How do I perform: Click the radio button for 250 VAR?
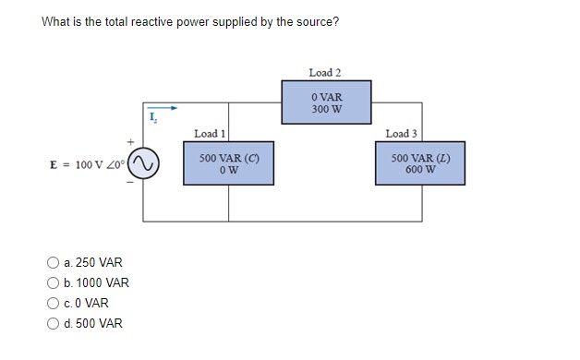coord(54,263)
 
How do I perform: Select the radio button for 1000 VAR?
coord(54,283)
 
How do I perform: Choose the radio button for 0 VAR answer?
coord(54,304)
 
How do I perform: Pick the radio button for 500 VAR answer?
coord(54,324)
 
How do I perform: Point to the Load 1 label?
coord(211,134)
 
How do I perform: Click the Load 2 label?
coord(325,72)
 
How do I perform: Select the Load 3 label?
coord(402,134)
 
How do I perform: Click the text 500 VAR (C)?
coord(229,158)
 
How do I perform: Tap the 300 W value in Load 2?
coord(327,108)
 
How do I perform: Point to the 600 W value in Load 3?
coord(420,169)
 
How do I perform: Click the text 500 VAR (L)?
coord(420,158)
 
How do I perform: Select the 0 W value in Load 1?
coord(229,169)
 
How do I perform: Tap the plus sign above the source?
coord(131,142)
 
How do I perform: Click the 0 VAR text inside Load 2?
coord(327,96)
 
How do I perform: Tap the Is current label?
coord(153,118)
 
